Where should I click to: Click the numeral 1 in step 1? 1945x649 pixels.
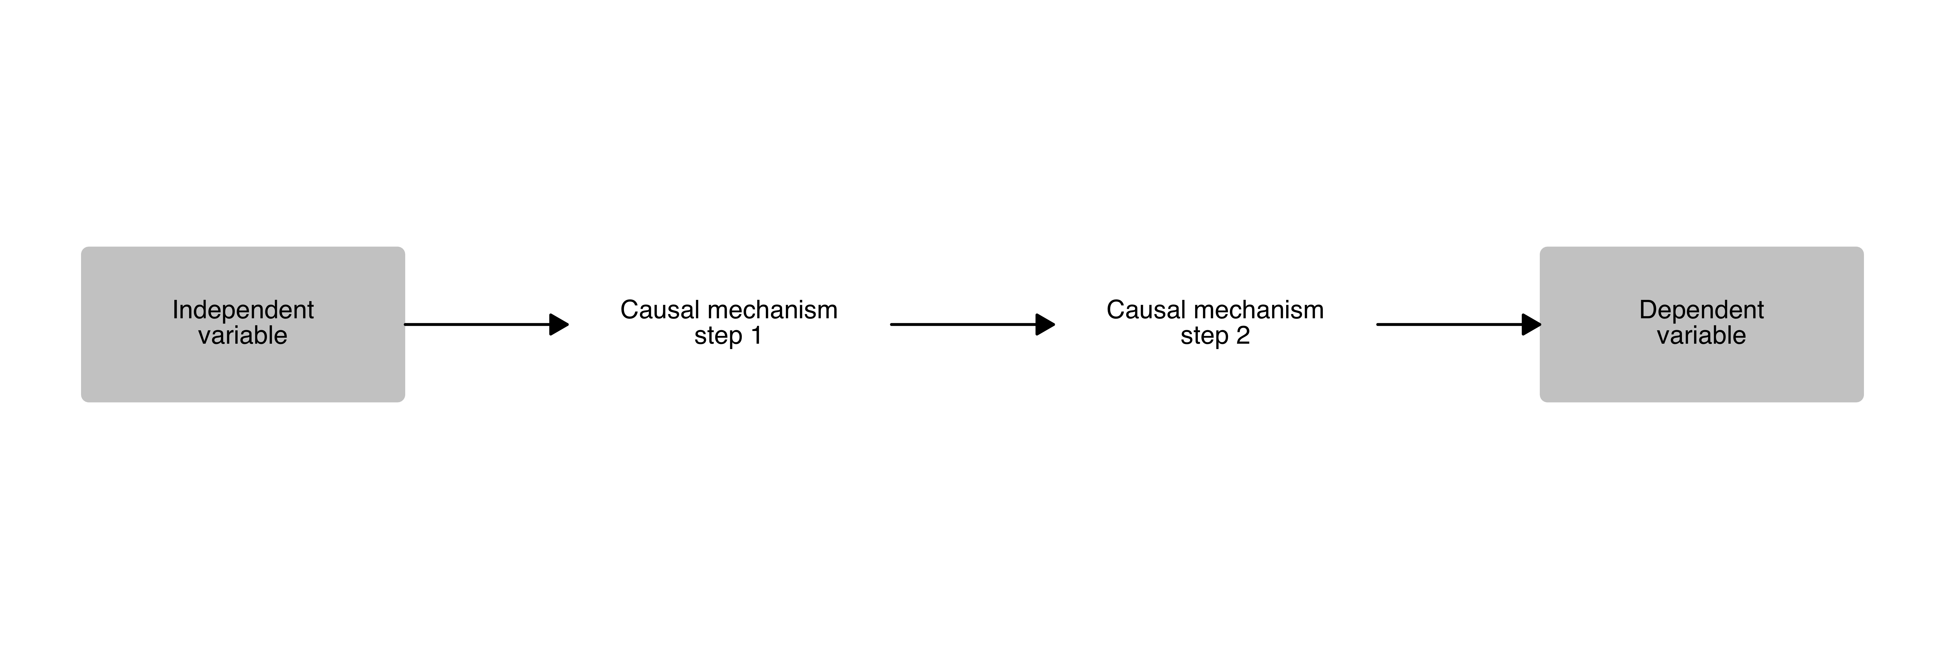pyautogui.click(x=756, y=336)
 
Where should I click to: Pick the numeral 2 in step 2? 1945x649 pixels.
pyautogui.click(x=1242, y=336)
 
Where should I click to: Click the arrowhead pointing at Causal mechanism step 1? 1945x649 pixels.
pyautogui.click(x=559, y=325)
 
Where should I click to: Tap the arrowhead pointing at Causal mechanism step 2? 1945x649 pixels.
pyautogui.click(x=1045, y=325)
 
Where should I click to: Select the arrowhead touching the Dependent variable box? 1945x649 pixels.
pyautogui.click(x=1531, y=325)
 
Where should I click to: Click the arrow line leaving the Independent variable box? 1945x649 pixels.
pyautogui.click(x=476, y=325)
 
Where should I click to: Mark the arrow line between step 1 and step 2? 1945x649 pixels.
pyautogui.click(x=963, y=325)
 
